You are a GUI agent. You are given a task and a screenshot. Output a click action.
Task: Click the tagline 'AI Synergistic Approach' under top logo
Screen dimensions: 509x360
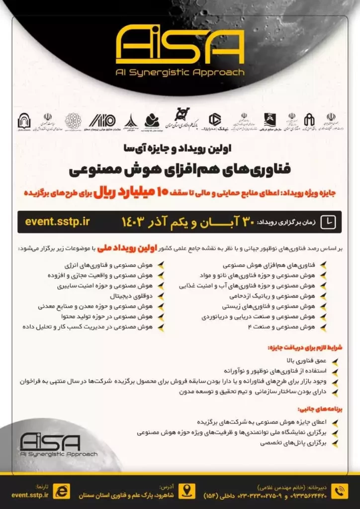click(180, 72)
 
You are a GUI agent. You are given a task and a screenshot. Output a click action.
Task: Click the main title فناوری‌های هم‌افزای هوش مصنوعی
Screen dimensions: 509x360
click(180, 170)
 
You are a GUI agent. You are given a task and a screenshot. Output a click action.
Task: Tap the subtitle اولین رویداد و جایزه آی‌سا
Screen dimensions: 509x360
click(180, 148)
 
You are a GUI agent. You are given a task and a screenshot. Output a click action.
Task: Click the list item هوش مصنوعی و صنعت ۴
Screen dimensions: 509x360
click(285, 327)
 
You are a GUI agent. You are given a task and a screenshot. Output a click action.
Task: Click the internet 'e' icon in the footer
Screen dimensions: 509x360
click(62, 491)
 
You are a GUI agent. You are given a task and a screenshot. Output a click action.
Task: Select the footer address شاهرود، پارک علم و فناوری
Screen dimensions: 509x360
click(127, 495)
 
